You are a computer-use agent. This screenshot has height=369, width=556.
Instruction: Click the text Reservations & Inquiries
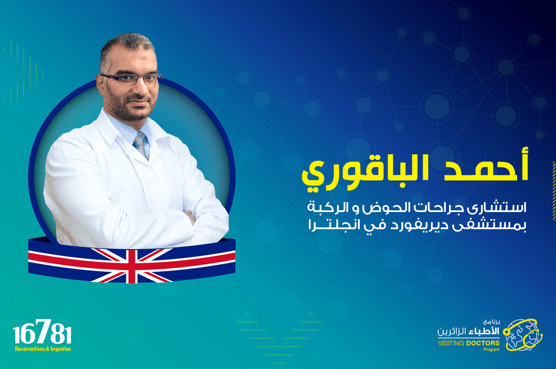43,349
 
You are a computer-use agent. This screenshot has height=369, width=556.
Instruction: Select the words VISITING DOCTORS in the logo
469,343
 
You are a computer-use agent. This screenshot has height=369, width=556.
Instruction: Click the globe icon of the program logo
522,335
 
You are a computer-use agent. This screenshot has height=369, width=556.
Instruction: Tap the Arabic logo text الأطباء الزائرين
469,332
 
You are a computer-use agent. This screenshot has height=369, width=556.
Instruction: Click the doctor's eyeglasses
131,78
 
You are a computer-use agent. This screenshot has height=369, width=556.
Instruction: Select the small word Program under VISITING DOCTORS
492,349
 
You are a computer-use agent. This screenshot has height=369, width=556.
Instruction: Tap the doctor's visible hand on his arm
191,217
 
